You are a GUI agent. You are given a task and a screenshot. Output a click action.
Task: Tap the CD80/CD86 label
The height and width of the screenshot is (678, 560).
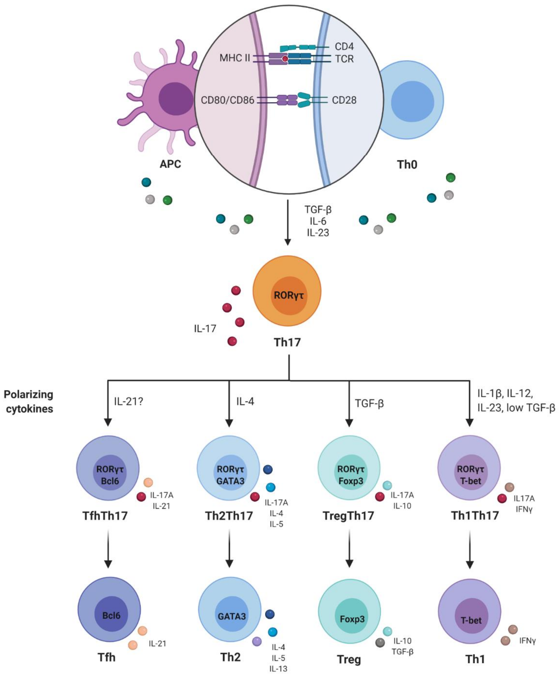click(x=227, y=100)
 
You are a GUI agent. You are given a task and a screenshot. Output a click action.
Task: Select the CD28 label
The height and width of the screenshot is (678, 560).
click(x=344, y=100)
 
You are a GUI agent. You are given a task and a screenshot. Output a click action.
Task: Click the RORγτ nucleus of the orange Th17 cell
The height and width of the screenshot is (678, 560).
click(x=289, y=295)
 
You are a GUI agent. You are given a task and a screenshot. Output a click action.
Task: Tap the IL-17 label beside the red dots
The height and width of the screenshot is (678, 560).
click(x=205, y=329)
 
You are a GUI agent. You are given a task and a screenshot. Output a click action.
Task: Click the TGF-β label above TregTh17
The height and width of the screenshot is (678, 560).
click(x=369, y=403)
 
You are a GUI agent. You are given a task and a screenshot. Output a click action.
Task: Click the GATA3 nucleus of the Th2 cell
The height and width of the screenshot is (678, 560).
click(x=232, y=616)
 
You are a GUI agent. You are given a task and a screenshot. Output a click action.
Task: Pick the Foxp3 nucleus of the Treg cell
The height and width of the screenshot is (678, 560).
click(x=352, y=619)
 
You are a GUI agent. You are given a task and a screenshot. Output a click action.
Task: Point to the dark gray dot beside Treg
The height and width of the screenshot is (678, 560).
click(x=380, y=643)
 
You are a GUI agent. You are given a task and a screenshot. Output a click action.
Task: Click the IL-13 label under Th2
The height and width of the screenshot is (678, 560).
click(x=278, y=669)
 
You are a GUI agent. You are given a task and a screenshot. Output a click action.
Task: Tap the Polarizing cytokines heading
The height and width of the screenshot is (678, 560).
click(x=29, y=402)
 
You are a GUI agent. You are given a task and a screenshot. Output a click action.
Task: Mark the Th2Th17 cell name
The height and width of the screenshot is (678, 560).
click(x=229, y=516)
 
